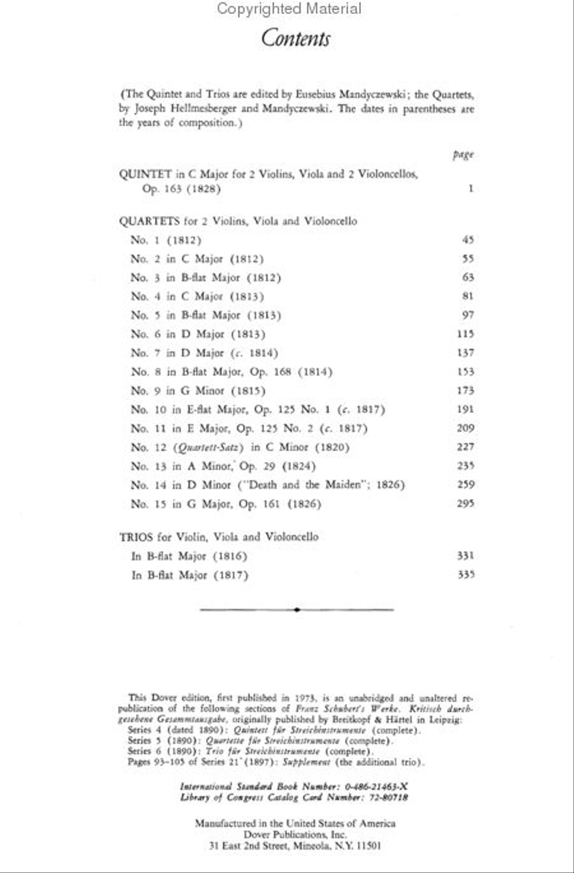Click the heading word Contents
pyautogui.click(x=295, y=38)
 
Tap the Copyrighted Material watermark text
pyautogui.click(x=288, y=9)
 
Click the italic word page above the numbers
pyautogui.click(x=464, y=155)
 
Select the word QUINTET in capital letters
pyautogui.click(x=145, y=174)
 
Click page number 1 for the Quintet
pyautogui.click(x=471, y=189)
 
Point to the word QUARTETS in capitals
pyautogui.click(x=149, y=222)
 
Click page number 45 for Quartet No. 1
pyautogui.click(x=467, y=240)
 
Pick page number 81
pyautogui.click(x=467, y=296)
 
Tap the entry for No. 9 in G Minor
pyautogui.click(x=198, y=391)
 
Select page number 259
pyautogui.click(x=466, y=485)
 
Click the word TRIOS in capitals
pyautogui.click(x=136, y=537)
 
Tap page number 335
pyautogui.click(x=466, y=575)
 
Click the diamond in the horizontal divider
pyautogui.click(x=297, y=610)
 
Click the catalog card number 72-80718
pyautogui.click(x=385, y=797)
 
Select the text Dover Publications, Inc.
pyautogui.click(x=295, y=835)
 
